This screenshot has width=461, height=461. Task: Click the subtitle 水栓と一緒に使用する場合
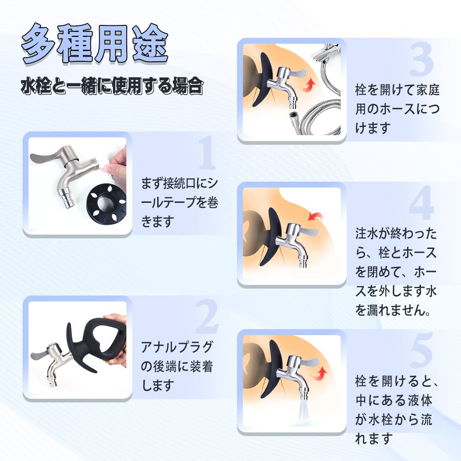tap(112, 86)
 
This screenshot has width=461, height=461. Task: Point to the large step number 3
tap(421, 60)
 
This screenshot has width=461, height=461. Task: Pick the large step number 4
tap(421, 203)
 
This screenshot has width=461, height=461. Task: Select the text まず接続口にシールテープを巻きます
tap(180, 203)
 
